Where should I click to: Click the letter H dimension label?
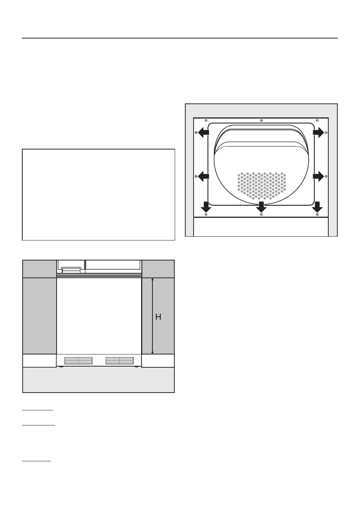click(158, 317)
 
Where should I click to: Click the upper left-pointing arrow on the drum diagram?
click(203, 132)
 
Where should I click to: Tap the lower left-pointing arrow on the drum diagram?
click(203, 176)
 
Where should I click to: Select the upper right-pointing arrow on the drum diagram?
click(318, 132)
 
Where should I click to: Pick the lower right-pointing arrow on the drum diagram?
click(318, 176)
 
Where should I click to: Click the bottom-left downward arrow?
click(206, 207)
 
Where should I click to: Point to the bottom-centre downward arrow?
click(261, 207)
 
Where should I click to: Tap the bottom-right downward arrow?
click(317, 207)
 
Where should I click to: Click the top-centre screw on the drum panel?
click(261, 120)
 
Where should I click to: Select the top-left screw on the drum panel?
click(206, 120)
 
